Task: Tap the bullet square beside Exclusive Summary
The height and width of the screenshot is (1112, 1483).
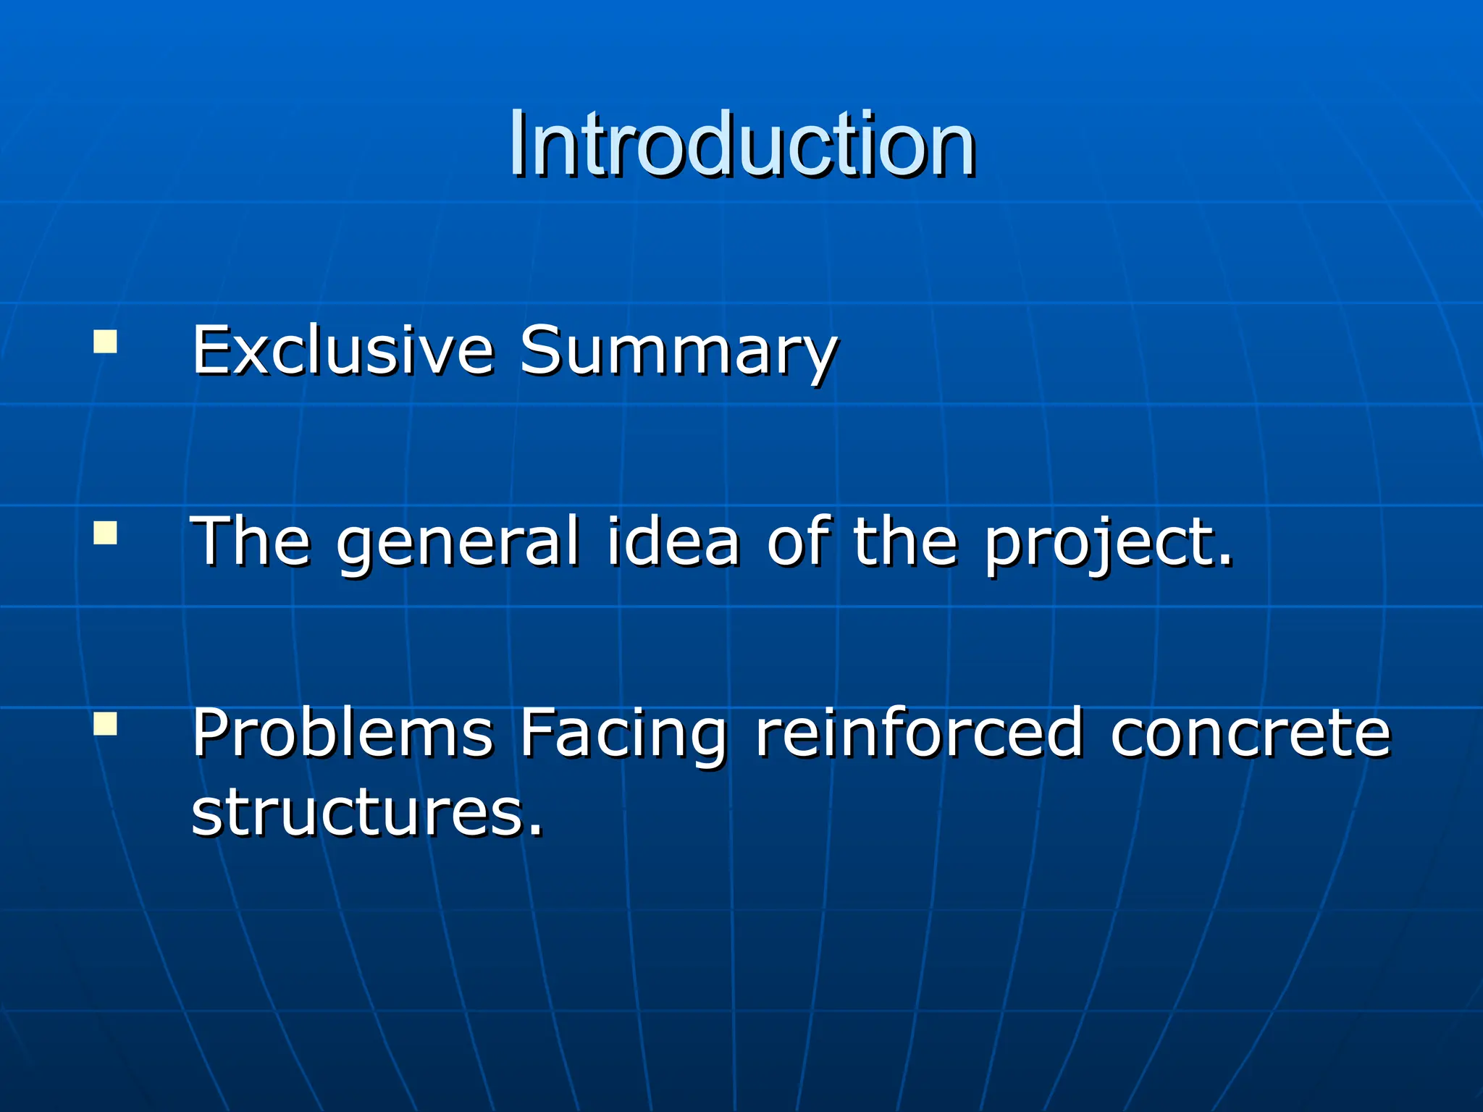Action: pyautogui.click(x=105, y=341)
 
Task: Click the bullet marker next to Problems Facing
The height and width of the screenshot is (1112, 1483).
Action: pyautogui.click(x=105, y=723)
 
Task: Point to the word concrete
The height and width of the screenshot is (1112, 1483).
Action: pyautogui.click(x=1251, y=734)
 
